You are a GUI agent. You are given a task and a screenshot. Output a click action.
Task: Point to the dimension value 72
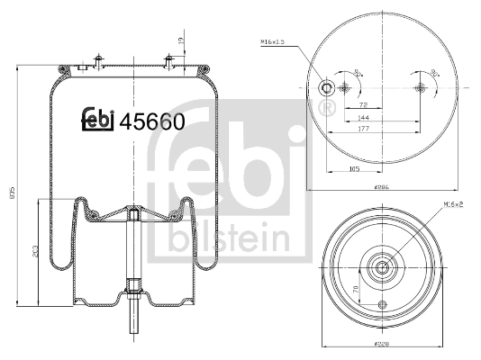tap(363, 104)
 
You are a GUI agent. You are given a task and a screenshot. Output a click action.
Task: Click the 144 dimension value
tap(363, 118)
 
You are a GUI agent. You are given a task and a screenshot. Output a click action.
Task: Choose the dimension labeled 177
tap(363, 130)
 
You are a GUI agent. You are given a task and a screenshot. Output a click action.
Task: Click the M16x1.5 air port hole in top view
tap(326, 88)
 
